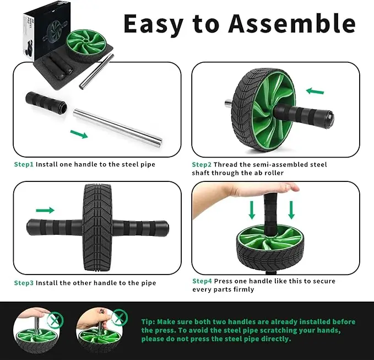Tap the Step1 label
tap(24, 164)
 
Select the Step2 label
tap(202, 164)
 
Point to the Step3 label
tap(24, 283)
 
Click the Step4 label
tap(202, 281)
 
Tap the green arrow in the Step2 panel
tap(315, 91)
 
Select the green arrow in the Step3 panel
tap(45, 210)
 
